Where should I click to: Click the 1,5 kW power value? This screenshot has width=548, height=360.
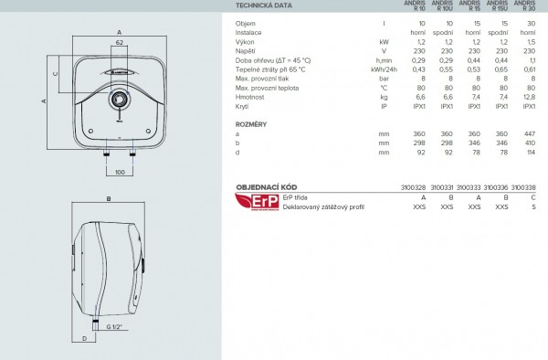531,42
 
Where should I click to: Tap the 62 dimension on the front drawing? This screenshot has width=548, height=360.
120,43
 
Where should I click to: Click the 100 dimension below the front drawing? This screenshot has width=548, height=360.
120,172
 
